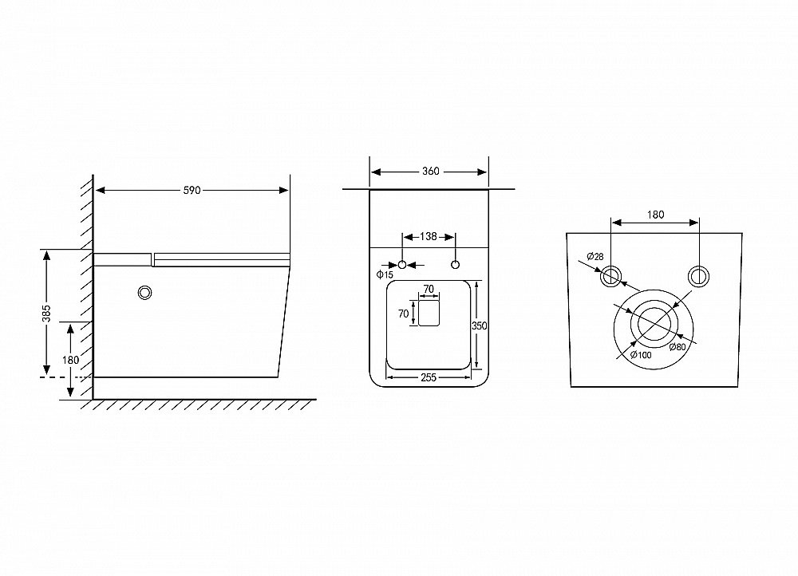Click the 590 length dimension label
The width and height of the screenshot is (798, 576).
[192, 191]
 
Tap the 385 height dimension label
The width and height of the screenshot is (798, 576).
[47, 314]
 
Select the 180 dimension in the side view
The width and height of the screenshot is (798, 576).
[70, 360]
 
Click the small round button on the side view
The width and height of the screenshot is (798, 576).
[145, 293]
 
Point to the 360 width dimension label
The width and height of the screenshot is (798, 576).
[431, 172]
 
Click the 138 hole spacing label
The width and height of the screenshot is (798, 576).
[429, 237]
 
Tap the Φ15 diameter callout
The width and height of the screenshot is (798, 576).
[385, 274]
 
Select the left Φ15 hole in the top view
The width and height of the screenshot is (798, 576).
[402, 265]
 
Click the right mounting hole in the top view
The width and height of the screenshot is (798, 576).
[456, 265]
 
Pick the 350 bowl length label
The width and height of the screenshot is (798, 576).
[480, 325]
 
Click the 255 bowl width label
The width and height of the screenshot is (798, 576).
[429, 377]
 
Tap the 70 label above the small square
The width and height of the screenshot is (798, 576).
[429, 289]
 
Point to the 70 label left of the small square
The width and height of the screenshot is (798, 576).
[404, 314]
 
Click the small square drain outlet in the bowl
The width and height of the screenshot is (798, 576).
[429, 313]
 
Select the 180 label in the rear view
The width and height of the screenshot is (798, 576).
[655, 215]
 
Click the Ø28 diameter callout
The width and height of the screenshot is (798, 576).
[595, 256]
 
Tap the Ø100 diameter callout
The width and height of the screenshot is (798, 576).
[641, 355]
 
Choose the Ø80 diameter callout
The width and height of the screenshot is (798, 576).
[678, 347]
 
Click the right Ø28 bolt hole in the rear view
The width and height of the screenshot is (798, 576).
[698, 276]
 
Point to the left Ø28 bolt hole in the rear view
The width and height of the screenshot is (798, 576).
[610, 276]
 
